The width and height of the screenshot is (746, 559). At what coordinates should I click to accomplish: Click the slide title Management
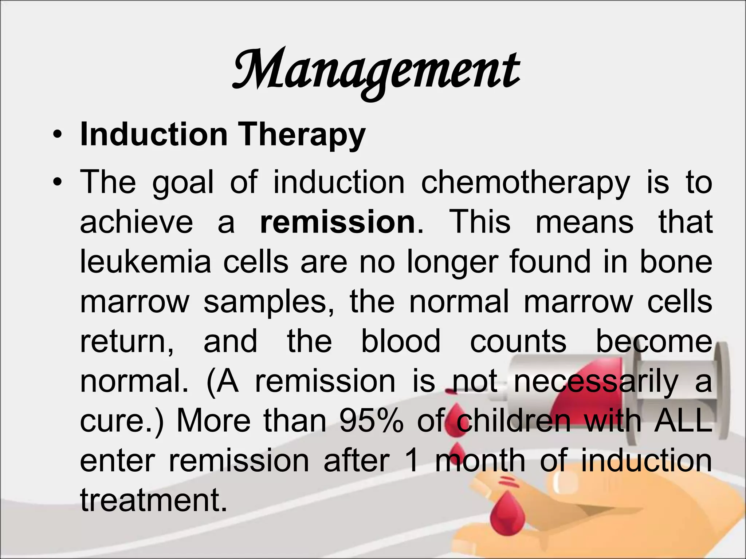click(x=376, y=71)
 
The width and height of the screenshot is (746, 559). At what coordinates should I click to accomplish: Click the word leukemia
click(x=145, y=262)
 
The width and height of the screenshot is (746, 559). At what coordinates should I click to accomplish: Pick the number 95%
click(x=371, y=421)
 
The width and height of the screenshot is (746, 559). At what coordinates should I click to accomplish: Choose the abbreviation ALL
click(x=683, y=421)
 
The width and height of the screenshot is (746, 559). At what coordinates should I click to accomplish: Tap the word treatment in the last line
click(x=153, y=500)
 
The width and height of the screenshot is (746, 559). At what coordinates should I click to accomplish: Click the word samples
click(x=269, y=302)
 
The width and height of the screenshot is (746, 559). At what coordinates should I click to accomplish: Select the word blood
click(x=401, y=341)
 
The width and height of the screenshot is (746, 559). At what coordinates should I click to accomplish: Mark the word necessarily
click(x=596, y=381)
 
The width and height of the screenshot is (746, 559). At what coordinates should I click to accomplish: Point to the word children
click(x=514, y=421)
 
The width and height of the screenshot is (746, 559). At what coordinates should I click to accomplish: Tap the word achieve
click(x=136, y=222)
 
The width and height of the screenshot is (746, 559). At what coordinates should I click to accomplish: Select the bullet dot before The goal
click(x=57, y=182)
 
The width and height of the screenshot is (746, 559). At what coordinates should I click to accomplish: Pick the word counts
click(x=518, y=341)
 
